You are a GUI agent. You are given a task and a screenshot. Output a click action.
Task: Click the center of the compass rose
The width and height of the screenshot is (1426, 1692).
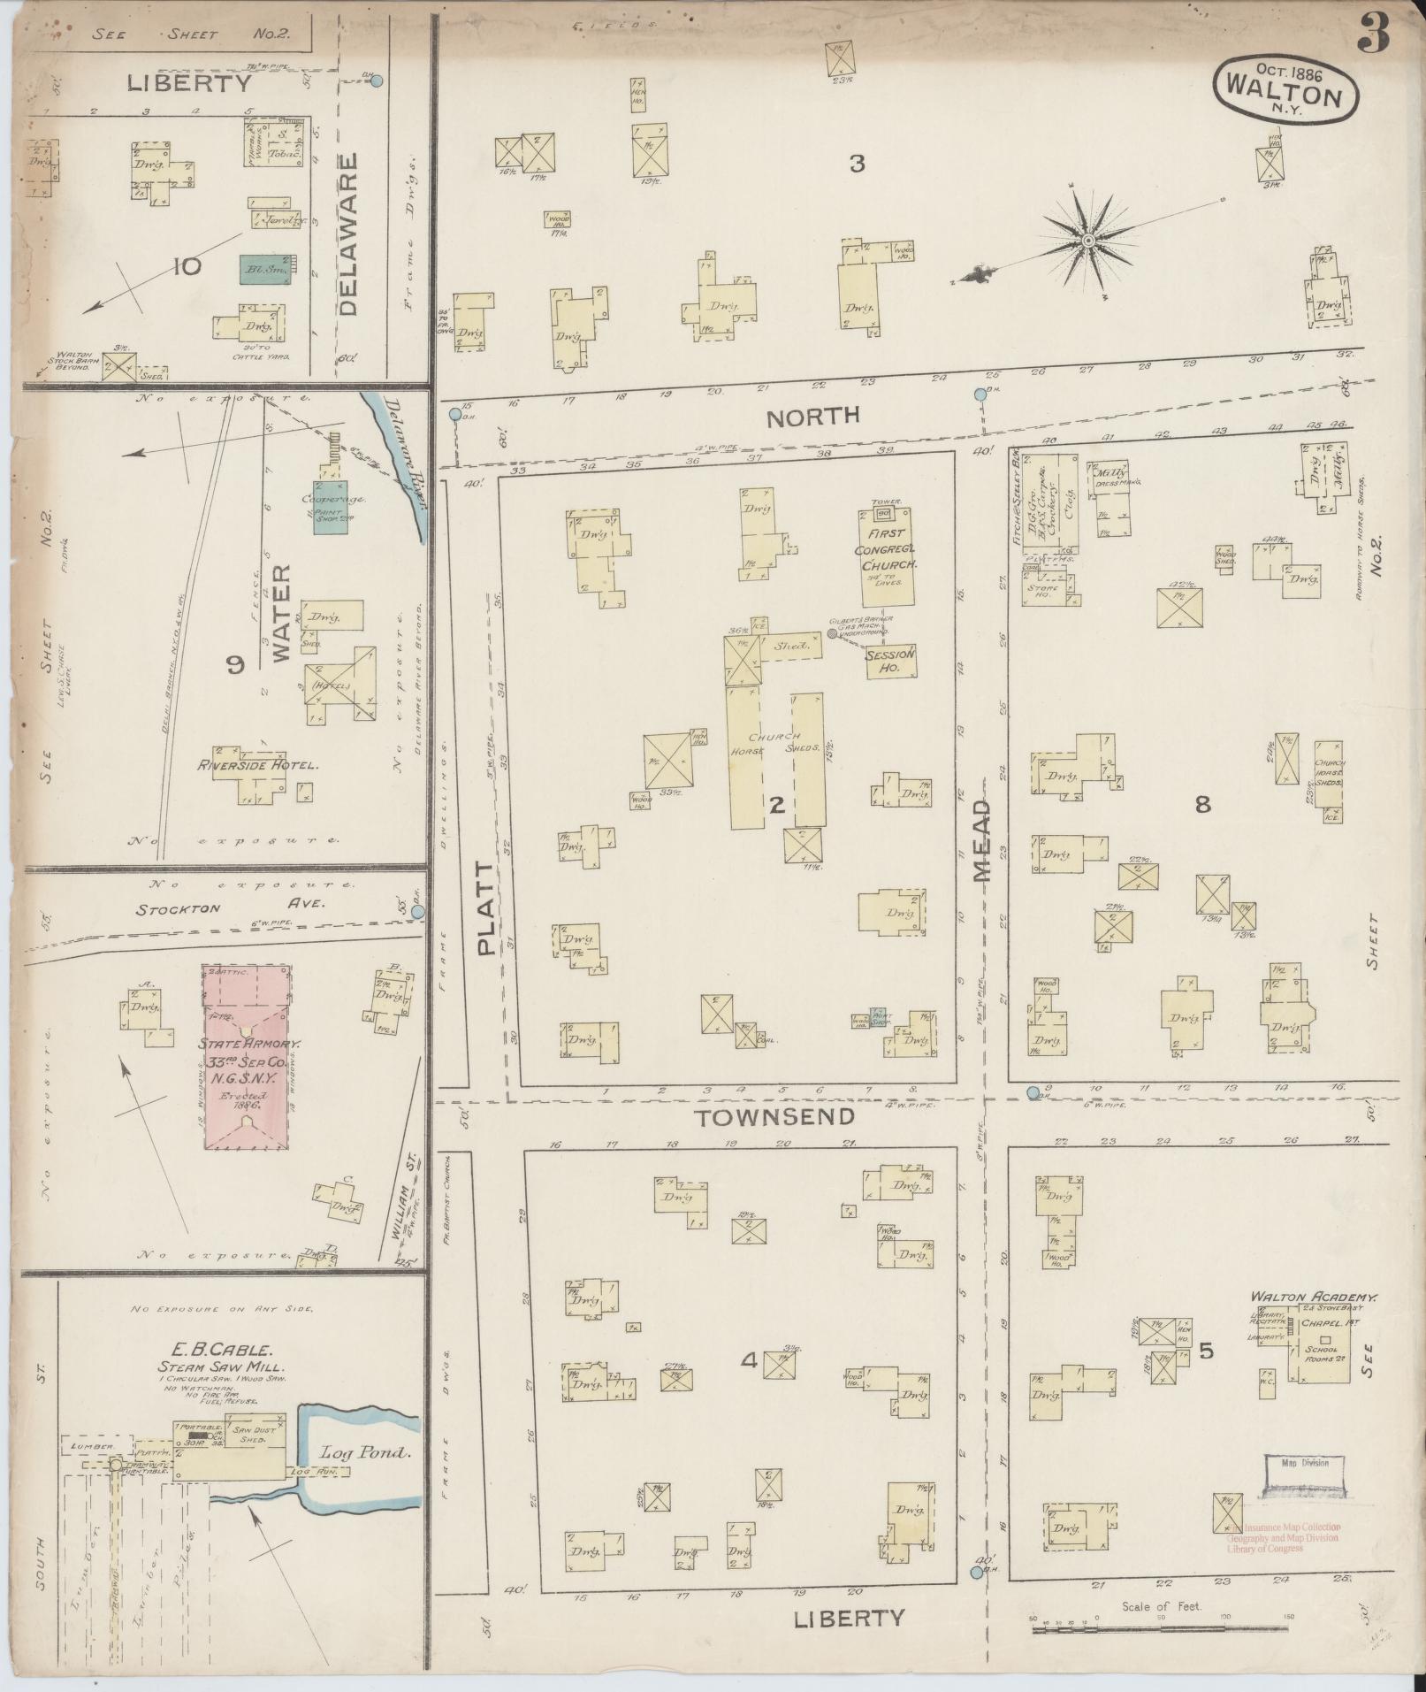1088,241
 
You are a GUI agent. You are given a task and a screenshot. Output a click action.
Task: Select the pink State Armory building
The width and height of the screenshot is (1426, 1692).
248,1057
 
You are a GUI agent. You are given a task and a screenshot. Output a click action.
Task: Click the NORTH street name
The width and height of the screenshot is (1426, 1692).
812,417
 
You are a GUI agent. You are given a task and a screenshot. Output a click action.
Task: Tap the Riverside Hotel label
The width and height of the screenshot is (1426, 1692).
257,765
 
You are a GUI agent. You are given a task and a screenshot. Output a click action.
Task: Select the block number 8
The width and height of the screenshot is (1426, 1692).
1202,804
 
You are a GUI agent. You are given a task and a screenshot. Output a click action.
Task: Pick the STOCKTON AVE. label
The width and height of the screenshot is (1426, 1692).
231,906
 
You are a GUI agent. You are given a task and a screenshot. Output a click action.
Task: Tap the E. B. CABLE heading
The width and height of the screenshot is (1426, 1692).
217,1351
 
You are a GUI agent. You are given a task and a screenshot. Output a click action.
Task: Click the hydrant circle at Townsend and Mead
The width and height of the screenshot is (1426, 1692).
1033,1093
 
